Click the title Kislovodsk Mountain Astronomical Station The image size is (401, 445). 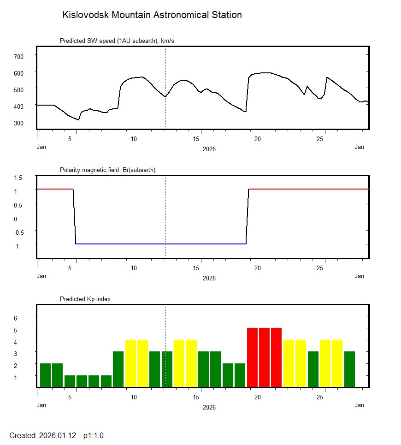152,15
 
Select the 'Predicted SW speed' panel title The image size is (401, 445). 117,41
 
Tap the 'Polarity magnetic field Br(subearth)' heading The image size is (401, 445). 107,170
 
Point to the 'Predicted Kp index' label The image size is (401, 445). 85,299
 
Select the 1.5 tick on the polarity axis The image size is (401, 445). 18,178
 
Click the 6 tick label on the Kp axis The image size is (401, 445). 21,318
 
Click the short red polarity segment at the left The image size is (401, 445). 54,189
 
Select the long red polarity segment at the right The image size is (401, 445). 309,189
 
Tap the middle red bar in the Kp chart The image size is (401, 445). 264,357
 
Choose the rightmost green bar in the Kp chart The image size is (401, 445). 349,369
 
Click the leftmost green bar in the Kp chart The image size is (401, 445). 45,375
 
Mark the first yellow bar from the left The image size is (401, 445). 130,363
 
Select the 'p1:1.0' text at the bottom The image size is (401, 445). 94,435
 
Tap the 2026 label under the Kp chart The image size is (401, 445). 209,407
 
